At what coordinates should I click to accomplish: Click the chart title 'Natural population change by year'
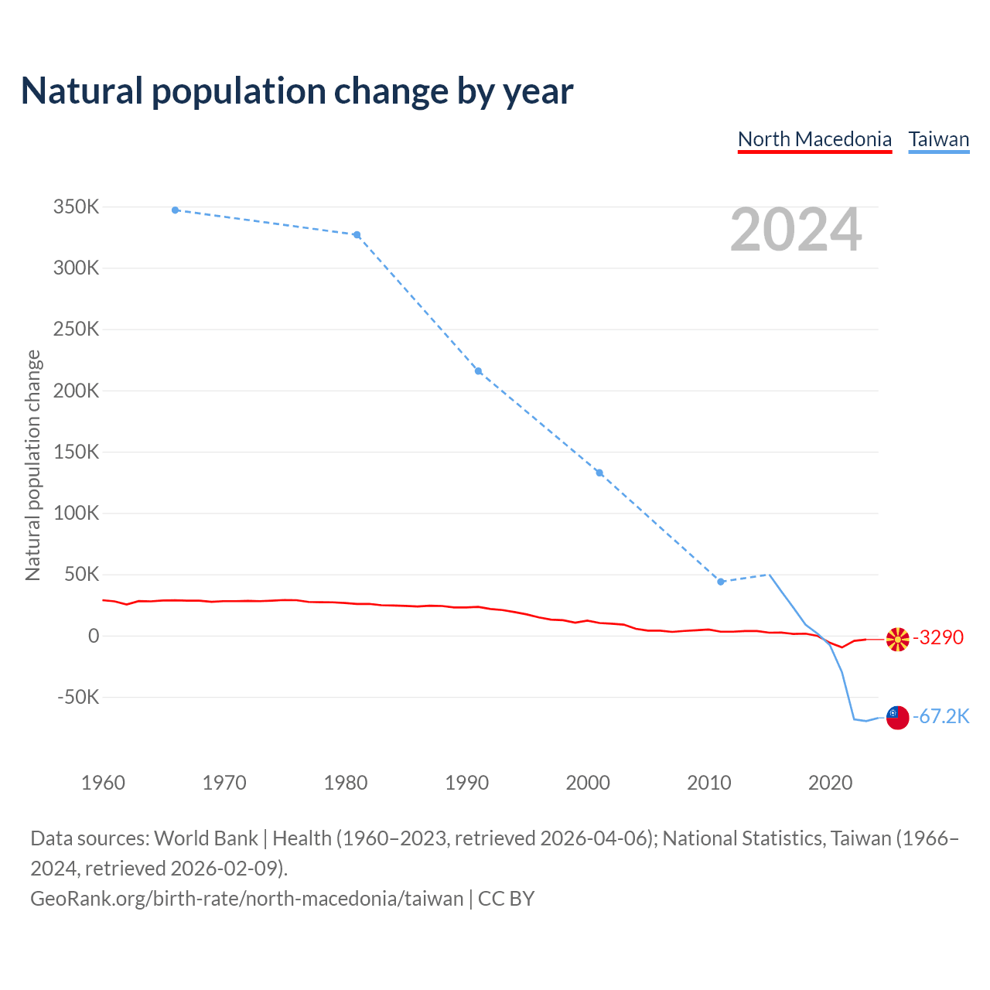coord(297,91)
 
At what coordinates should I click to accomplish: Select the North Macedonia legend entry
coord(814,139)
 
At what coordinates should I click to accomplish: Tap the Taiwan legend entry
coord(938,139)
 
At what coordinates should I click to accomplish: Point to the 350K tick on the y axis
coord(77,207)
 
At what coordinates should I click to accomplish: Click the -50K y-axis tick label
coord(78,697)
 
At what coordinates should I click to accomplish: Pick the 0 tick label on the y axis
coord(94,636)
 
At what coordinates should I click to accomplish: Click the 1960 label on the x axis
coord(103,783)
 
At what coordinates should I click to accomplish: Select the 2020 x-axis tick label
coord(830,783)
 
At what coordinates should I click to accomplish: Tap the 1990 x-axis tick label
coord(466,783)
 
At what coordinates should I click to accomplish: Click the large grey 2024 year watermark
coord(796,230)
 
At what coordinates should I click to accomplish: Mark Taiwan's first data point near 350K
coord(176,210)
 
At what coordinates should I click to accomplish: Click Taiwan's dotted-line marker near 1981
coord(357,234)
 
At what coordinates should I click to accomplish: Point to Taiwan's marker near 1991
coord(478,371)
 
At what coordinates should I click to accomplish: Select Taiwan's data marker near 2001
coord(599,473)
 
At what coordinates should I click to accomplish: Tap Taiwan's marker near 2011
coord(721,582)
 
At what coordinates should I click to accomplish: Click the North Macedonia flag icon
coord(897,639)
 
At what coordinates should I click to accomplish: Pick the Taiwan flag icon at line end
coord(897,717)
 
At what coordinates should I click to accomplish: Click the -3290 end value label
coord(938,637)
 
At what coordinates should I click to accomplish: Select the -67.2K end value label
coord(940,716)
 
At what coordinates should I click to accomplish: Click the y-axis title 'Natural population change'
coord(32,465)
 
